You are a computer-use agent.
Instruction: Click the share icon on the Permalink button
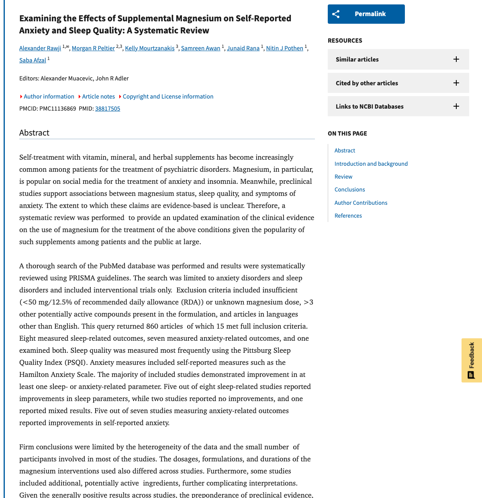click(336, 14)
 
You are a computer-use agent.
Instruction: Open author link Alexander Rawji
click(40, 48)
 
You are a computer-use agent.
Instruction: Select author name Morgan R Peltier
click(93, 48)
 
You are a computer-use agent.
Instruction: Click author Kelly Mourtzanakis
click(149, 48)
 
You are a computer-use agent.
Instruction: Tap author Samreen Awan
click(200, 48)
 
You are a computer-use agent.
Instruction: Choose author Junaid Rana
click(243, 48)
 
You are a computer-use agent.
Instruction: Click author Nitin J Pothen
click(284, 48)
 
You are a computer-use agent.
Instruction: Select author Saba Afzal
click(33, 60)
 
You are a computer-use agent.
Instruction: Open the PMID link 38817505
click(108, 109)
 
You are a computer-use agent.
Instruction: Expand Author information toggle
click(49, 97)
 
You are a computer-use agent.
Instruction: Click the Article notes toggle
click(98, 97)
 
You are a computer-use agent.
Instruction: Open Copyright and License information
click(168, 97)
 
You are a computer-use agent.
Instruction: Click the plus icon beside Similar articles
click(456, 59)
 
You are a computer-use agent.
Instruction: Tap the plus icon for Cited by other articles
click(456, 83)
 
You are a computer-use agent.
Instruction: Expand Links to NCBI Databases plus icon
click(456, 106)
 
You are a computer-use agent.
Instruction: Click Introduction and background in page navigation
click(371, 164)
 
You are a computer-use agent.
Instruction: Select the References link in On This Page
click(348, 216)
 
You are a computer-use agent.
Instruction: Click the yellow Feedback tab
click(472, 360)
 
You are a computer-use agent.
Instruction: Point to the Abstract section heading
click(34, 133)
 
